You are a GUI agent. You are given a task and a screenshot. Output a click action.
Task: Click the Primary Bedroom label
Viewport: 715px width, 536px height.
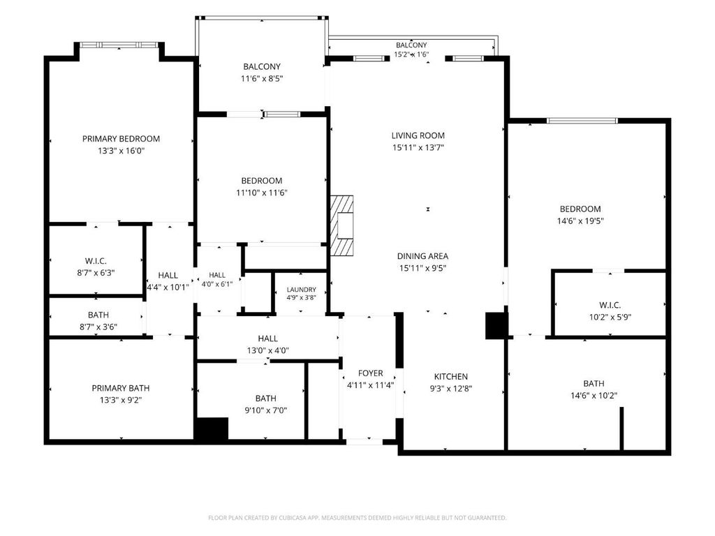coord(121,139)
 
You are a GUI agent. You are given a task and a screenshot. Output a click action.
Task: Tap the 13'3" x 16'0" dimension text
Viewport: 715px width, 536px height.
coord(121,151)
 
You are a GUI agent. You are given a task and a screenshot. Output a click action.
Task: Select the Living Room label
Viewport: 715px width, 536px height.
coord(418,135)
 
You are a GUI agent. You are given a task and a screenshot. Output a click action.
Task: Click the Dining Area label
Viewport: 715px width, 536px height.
coord(422,256)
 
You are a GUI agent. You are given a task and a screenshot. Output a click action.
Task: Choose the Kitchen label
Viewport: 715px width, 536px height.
coord(450,376)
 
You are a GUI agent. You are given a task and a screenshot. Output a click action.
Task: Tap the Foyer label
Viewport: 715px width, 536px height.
coord(370,373)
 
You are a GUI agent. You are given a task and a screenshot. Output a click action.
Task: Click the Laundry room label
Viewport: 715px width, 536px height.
coord(302,290)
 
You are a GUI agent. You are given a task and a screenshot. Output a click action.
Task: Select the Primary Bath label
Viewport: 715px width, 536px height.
coord(121,388)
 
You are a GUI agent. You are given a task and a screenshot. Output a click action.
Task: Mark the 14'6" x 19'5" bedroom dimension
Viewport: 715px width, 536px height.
coord(580,221)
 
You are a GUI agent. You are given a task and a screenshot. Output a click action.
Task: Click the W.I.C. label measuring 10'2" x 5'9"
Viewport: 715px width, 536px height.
coord(610,305)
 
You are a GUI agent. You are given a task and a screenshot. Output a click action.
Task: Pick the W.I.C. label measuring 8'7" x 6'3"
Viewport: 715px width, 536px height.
coord(96,261)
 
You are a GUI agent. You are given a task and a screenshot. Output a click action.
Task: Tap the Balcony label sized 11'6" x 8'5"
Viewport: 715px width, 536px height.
coord(262,66)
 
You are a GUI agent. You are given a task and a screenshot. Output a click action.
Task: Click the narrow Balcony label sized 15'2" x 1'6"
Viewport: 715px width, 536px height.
coord(411,45)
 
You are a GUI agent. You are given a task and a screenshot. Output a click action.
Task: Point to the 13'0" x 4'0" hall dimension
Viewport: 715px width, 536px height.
coord(267,350)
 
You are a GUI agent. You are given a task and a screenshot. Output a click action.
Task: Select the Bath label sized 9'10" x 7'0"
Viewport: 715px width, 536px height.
coord(266,399)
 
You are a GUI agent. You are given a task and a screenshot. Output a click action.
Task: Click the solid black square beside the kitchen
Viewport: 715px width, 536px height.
coord(496,325)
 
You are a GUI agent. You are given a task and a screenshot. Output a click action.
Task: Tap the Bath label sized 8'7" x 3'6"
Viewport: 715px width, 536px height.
coord(98,315)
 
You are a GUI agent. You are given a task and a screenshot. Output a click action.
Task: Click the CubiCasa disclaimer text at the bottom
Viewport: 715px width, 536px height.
coord(357,518)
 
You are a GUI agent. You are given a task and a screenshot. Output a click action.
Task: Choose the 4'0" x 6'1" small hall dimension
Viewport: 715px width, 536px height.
coord(217,284)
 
